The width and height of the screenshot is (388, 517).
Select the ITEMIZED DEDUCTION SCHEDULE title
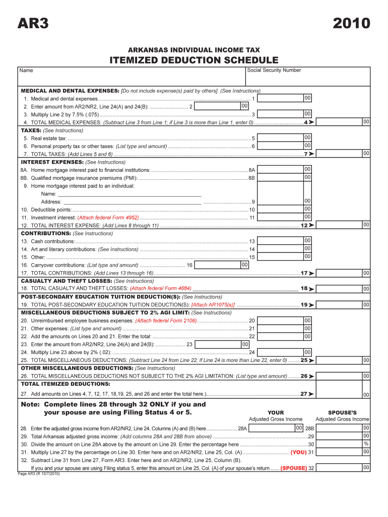point(194,61)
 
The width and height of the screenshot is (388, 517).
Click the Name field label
point(26,71)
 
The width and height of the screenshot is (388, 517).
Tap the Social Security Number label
point(274,70)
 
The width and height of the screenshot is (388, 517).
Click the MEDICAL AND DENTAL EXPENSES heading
point(70,91)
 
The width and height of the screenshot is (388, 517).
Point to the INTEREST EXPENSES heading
point(52,162)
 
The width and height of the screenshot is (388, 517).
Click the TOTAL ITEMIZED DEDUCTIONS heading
point(66,384)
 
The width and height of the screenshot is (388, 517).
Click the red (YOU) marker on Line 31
point(298,452)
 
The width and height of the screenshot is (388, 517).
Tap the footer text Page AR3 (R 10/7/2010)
point(39,474)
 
